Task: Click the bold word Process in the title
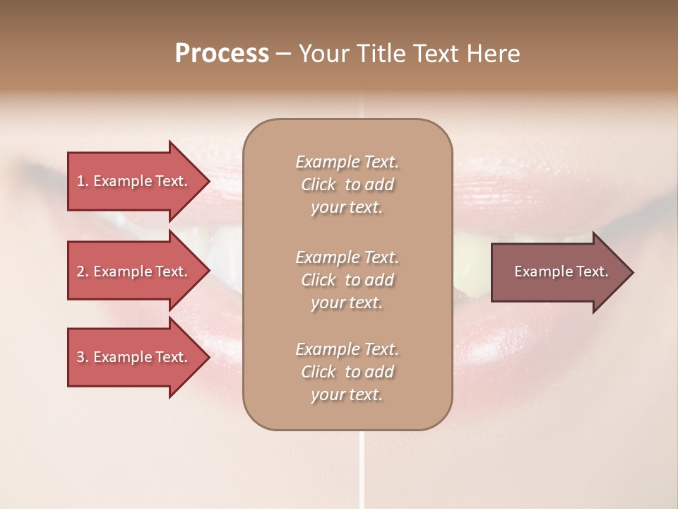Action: point(222,53)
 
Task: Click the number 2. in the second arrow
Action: point(83,271)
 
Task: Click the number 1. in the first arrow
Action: point(83,181)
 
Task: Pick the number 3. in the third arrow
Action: point(83,357)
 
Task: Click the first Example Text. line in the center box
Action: point(347,162)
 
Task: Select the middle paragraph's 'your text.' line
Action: point(347,303)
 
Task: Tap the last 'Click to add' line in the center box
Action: point(347,372)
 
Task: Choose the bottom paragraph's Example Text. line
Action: point(347,349)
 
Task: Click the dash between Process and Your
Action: point(283,54)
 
